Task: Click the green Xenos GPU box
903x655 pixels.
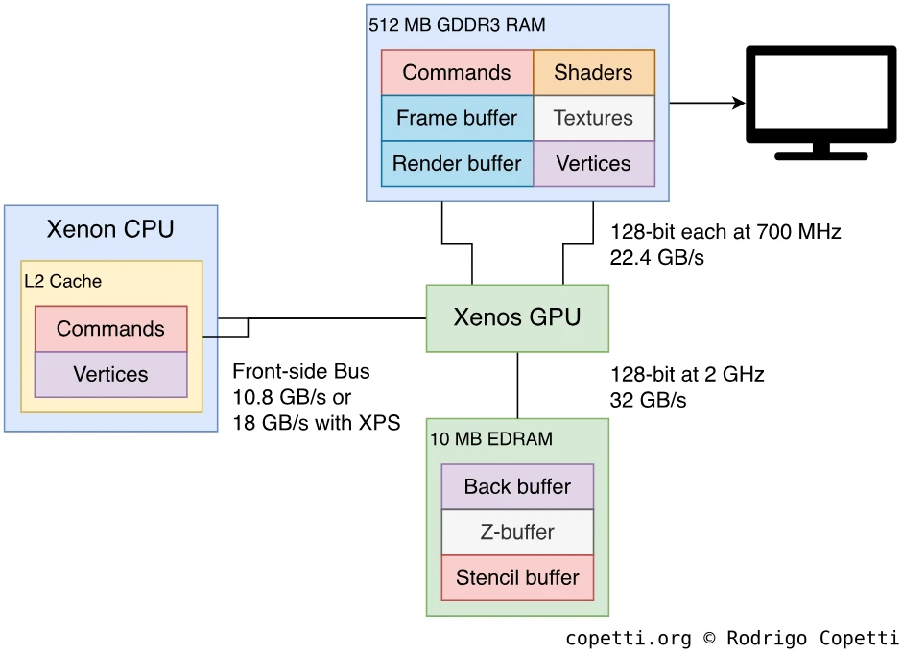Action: click(517, 317)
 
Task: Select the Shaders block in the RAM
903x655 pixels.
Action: click(593, 73)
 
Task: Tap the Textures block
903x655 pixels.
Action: click(593, 118)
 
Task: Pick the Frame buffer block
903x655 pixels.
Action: click(457, 118)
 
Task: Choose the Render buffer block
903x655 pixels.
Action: click(457, 163)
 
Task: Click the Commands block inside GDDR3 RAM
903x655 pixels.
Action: click(457, 73)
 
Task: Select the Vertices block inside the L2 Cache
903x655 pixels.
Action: click(110, 374)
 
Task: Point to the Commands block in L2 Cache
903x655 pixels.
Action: click(110, 329)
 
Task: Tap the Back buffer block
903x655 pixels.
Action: click(517, 486)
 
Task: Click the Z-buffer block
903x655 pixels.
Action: click(517, 532)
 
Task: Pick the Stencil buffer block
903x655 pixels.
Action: click(517, 577)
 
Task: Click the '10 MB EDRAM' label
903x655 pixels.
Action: click(491, 439)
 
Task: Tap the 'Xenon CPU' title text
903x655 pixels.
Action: click(110, 230)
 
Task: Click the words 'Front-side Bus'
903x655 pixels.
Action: click(301, 371)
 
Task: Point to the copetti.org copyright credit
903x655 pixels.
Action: click(731, 638)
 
